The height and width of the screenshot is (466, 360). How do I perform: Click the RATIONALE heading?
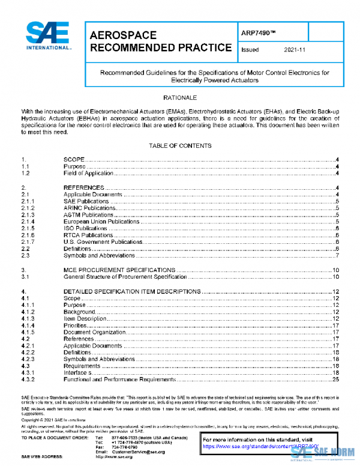coord(180,97)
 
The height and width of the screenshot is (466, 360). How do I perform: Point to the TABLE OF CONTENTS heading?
coord(180,146)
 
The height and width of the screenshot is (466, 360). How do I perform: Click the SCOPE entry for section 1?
coord(74,159)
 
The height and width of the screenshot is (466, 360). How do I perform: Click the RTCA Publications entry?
coord(88,235)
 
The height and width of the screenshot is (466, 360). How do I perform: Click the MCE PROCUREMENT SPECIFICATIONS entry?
coord(119,270)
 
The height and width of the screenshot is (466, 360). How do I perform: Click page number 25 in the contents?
coord(337,380)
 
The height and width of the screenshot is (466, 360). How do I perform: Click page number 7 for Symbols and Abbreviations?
coord(338,256)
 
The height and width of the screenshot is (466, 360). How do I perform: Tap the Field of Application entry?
coord(88,173)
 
